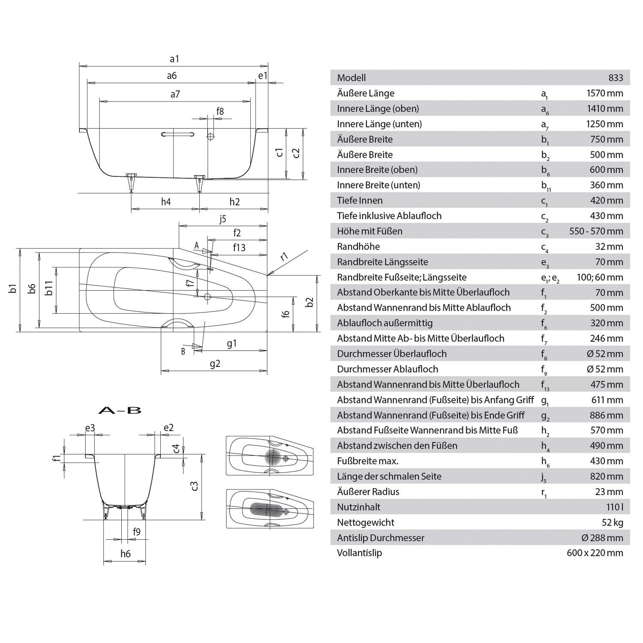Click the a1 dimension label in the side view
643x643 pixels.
click(x=174, y=59)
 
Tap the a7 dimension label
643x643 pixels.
click(x=175, y=94)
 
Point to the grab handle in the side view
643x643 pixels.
click(x=177, y=134)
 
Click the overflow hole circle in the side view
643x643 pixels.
click(x=210, y=136)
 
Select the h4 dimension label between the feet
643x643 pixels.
click(x=166, y=202)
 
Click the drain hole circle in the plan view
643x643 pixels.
click(x=207, y=296)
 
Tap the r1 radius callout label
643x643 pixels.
click(x=284, y=257)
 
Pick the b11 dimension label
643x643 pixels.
click(x=50, y=288)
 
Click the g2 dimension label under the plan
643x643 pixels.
click(x=215, y=364)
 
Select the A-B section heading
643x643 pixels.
click(x=120, y=411)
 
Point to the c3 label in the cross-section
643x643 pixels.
click(x=194, y=486)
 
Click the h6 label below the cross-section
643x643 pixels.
click(x=125, y=554)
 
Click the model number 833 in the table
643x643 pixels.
click(x=616, y=78)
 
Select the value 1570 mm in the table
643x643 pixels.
click(x=604, y=93)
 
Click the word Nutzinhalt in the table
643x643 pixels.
click(x=358, y=507)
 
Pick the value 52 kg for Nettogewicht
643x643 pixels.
click(x=612, y=523)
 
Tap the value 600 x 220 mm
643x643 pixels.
click(x=595, y=553)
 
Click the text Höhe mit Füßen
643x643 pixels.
click(x=370, y=231)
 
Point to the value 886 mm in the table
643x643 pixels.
click(x=606, y=415)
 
